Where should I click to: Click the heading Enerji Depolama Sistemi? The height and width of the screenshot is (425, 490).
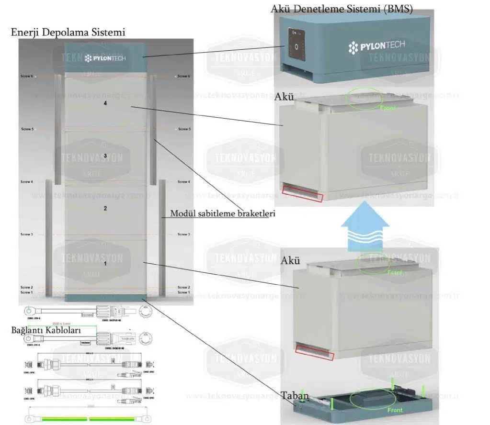tap(68, 33)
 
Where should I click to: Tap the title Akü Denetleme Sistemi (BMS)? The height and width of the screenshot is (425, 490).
tap(342, 9)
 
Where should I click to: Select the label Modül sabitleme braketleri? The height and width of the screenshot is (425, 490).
tap(223, 213)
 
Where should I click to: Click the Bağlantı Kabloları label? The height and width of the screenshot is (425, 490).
tap(46, 330)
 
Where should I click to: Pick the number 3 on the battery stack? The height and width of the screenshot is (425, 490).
tap(105, 156)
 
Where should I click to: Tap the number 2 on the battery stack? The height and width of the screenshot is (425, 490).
tap(105, 209)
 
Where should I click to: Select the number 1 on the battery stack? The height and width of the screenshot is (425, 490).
tap(105, 262)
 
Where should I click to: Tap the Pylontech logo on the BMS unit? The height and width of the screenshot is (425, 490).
tap(376, 46)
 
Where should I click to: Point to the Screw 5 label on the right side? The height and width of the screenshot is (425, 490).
tap(184, 129)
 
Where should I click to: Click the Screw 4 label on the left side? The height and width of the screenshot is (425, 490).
tap(27, 182)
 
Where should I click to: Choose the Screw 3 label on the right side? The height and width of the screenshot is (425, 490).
tap(184, 235)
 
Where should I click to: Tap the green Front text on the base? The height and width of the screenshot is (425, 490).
tap(396, 410)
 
